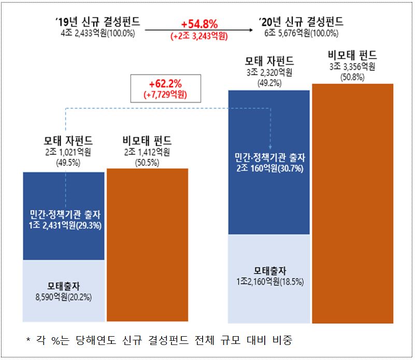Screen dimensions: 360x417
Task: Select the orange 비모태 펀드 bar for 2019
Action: [x=147, y=243]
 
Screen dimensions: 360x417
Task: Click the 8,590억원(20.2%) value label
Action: [x=64, y=297]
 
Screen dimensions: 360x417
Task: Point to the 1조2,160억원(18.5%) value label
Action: [x=269, y=282]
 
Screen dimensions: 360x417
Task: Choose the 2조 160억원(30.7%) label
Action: [x=269, y=168]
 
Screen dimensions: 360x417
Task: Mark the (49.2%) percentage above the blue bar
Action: [x=269, y=81]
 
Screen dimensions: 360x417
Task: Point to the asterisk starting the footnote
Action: [x=28, y=341]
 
